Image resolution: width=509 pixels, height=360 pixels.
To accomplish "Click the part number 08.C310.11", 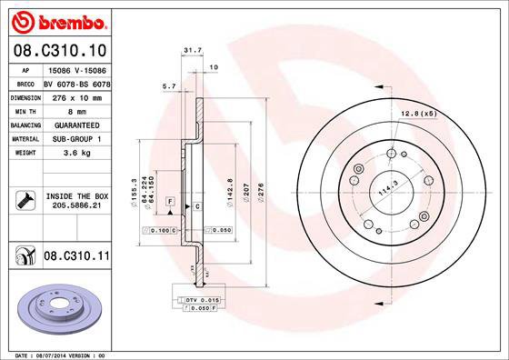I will tap(76, 257).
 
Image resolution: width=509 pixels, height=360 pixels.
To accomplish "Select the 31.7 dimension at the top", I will tap(191, 52).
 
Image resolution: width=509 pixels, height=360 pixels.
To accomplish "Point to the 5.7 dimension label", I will tap(168, 86).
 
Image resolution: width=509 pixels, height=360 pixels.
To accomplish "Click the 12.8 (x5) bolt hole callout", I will tap(416, 113).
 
